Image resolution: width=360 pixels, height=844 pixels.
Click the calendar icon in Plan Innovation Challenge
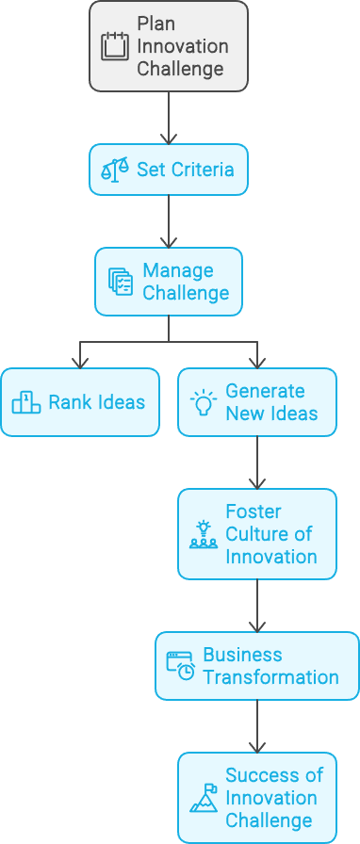click(115, 46)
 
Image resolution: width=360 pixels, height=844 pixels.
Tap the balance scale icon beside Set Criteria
click(115, 170)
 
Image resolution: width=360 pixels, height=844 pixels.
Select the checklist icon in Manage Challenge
click(121, 282)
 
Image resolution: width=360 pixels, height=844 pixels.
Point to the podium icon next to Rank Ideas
click(26, 402)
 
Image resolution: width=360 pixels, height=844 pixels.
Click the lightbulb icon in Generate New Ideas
click(204, 402)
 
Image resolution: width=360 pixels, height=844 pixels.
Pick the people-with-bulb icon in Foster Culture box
click(204, 534)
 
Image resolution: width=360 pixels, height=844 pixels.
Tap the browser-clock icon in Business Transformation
click(181, 666)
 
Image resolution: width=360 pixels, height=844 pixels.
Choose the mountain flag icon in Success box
click(204, 798)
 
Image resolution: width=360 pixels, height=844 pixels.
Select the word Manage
click(171, 270)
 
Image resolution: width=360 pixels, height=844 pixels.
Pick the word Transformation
click(271, 677)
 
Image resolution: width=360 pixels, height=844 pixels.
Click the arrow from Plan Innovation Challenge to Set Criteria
click(169, 118)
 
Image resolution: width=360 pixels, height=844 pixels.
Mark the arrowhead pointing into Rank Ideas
click(80, 364)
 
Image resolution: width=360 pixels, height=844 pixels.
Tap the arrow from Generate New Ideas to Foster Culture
click(257, 462)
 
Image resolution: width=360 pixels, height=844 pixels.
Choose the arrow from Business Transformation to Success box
click(257, 726)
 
